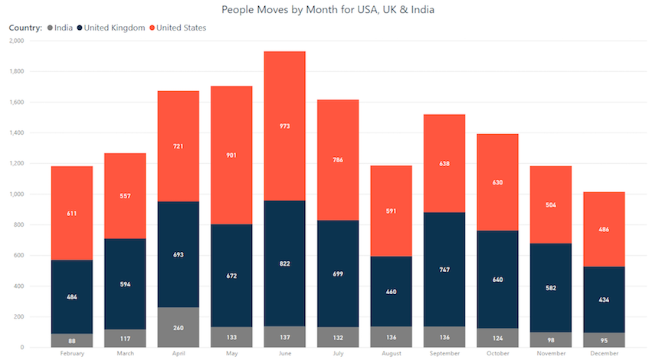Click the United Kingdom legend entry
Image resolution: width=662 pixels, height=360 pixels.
pyautogui.click(x=114, y=28)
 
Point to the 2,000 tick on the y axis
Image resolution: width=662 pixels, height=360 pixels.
pyautogui.click(x=15, y=41)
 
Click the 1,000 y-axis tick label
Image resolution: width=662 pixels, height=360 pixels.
pyautogui.click(x=15, y=194)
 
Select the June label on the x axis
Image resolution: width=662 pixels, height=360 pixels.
pyautogui.click(x=284, y=354)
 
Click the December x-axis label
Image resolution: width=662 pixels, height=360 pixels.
pyautogui.click(x=604, y=354)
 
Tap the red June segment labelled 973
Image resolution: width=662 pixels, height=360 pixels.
pyautogui.click(x=284, y=126)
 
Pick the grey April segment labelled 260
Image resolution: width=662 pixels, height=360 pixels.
pyautogui.click(x=178, y=327)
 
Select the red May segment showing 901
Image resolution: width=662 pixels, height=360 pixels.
pyautogui.click(x=231, y=155)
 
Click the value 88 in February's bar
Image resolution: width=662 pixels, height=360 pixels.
pyautogui.click(x=72, y=341)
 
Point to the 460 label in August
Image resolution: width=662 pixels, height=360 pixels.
pyautogui.click(x=391, y=292)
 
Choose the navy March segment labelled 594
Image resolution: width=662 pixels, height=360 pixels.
pyautogui.click(x=125, y=284)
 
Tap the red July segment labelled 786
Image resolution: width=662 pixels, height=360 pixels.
pyautogui.click(x=338, y=160)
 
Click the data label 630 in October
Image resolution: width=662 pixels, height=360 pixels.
pyautogui.click(x=497, y=182)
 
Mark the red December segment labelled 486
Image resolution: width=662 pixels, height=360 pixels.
pyautogui.click(x=604, y=229)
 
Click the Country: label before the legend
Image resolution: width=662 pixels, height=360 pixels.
pyautogui.click(x=25, y=28)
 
